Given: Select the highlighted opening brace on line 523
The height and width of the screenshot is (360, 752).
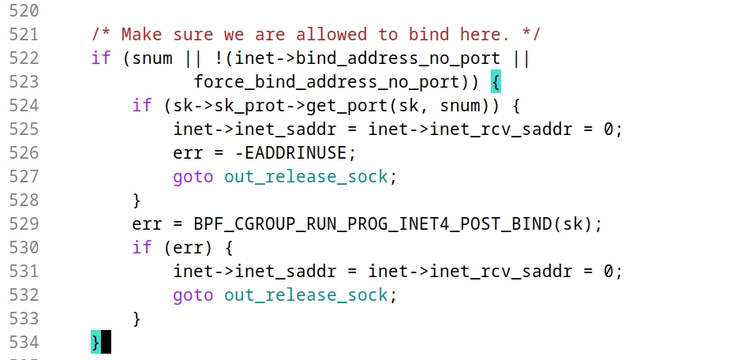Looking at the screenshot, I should pyautogui.click(x=496, y=82).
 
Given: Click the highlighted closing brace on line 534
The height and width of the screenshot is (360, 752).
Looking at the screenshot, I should pyautogui.click(x=95, y=343).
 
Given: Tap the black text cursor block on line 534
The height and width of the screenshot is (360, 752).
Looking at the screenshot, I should pyautogui.click(x=106, y=343).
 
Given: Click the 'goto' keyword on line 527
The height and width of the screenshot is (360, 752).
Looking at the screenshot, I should pyautogui.click(x=193, y=177).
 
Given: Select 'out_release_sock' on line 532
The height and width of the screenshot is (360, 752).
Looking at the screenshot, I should pyautogui.click(x=305, y=295).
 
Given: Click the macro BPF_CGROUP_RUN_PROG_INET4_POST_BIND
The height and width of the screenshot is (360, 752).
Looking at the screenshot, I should pyautogui.click(x=372, y=224).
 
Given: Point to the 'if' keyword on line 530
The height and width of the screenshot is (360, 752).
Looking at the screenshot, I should pyautogui.click(x=142, y=248).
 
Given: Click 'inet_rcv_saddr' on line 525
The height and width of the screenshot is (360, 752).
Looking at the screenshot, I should pyautogui.click(x=501, y=129).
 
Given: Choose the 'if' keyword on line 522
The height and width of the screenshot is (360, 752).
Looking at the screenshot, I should pyautogui.click(x=101, y=59).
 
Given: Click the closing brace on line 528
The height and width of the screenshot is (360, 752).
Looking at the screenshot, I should pyautogui.click(x=137, y=201).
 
